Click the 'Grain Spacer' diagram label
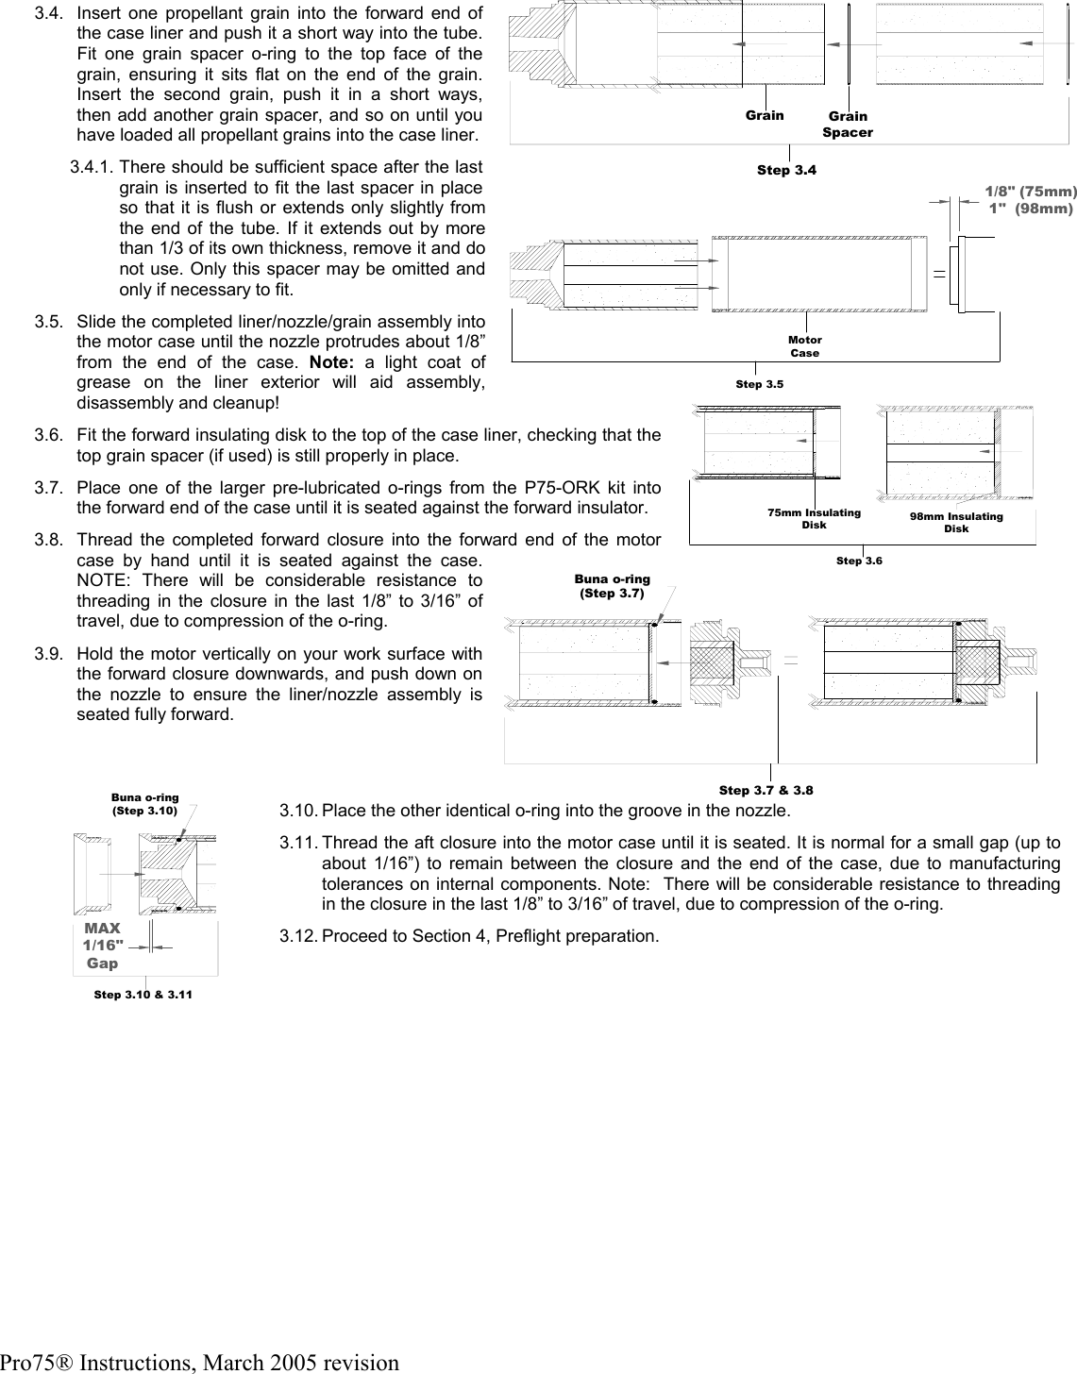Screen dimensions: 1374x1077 click(847, 125)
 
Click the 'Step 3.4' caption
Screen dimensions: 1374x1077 click(786, 171)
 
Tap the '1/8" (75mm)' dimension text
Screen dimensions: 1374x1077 click(1030, 192)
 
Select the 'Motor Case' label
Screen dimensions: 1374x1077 click(804, 346)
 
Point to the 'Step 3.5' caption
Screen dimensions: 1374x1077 click(760, 384)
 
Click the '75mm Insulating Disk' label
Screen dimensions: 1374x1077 click(814, 518)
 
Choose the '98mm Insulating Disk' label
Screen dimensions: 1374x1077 click(956, 523)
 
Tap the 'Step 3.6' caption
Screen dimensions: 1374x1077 click(859, 561)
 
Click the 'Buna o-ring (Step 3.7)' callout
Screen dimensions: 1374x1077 click(612, 586)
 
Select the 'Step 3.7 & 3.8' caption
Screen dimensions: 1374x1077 click(766, 790)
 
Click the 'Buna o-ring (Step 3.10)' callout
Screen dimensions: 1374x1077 click(144, 803)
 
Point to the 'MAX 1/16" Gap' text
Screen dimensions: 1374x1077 click(102, 946)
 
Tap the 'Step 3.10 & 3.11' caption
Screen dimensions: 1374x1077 click(143, 995)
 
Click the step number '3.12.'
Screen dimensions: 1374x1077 click(298, 936)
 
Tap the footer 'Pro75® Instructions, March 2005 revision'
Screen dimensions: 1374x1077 click(199, 1362)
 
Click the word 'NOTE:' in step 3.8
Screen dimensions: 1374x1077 click(102, 580)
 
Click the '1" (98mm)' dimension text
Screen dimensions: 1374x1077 click(1030, 209)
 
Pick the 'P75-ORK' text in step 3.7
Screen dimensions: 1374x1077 click(552, 488)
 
